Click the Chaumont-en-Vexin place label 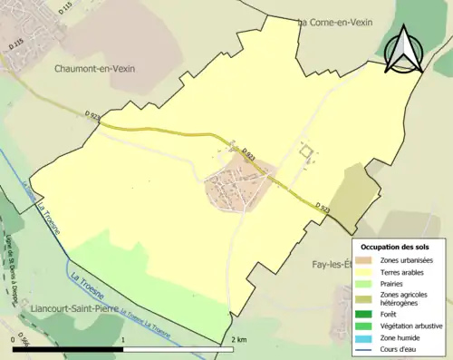100,68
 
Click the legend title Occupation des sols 397,247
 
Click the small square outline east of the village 306,153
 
